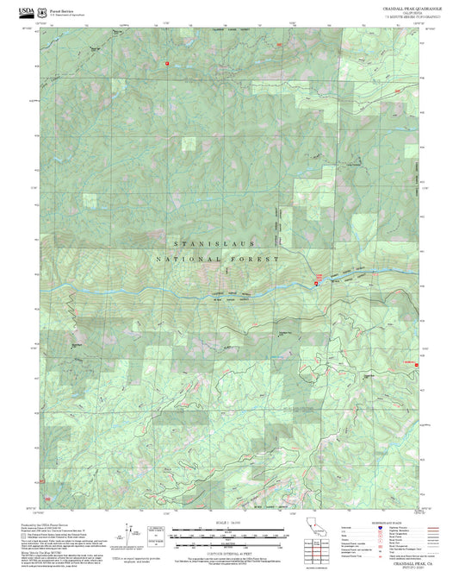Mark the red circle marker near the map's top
[x=167, y=63]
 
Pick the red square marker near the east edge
[x=418, y=364]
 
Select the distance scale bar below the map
[x=228, y=533]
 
